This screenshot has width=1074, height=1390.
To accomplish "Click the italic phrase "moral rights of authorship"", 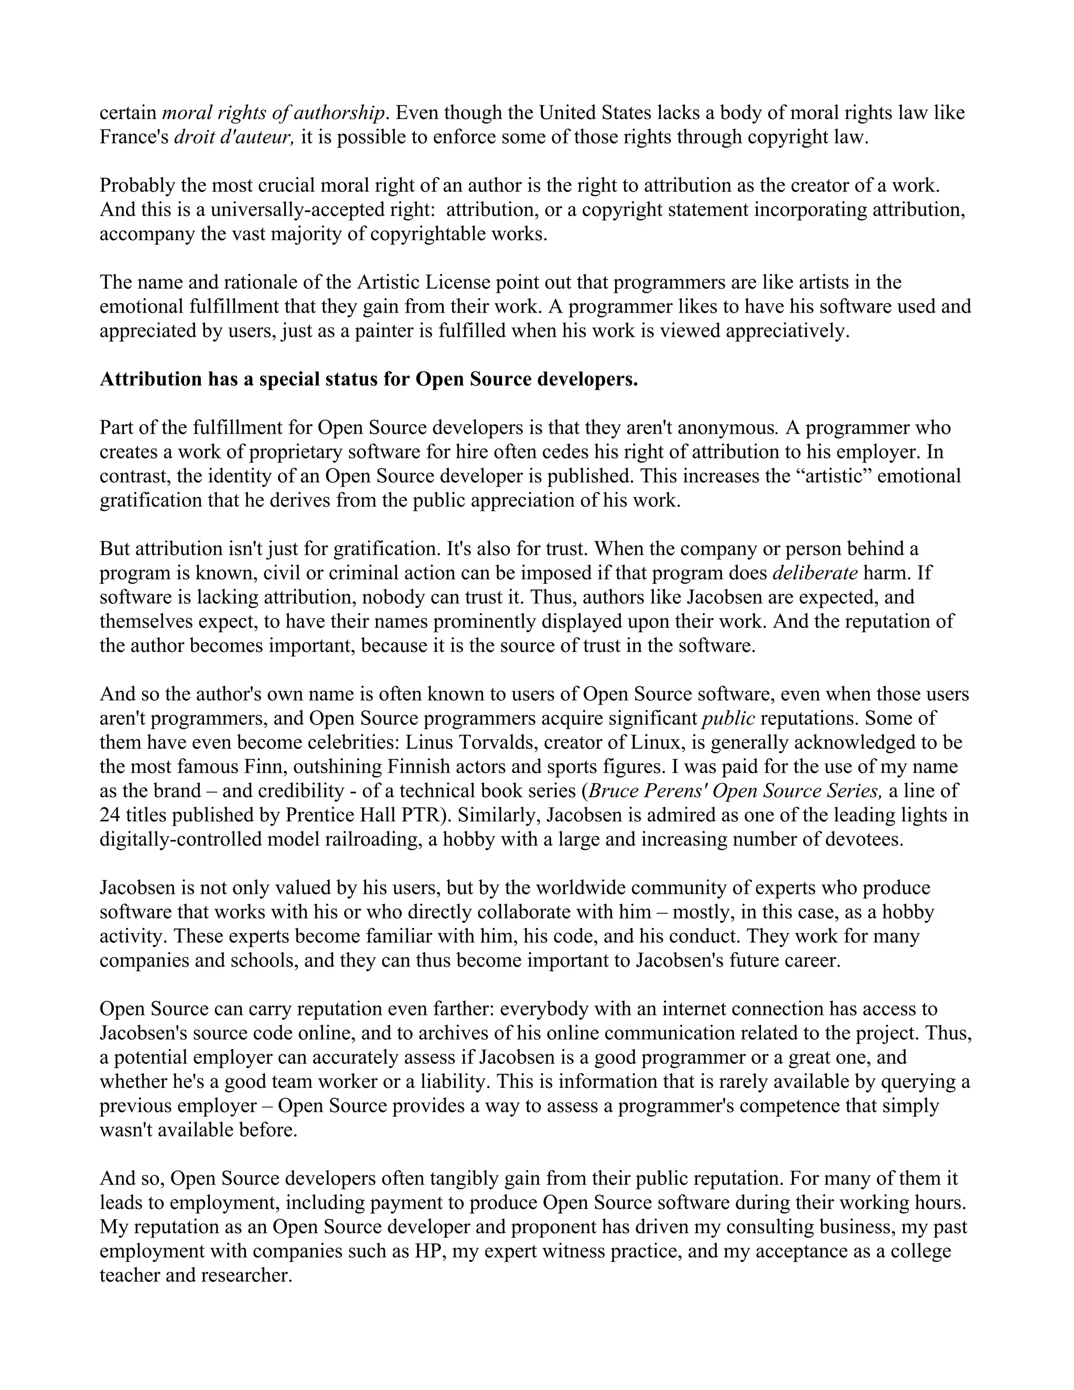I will (x=274, y=113).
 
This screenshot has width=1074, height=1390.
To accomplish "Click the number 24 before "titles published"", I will (x=110, y=815).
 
